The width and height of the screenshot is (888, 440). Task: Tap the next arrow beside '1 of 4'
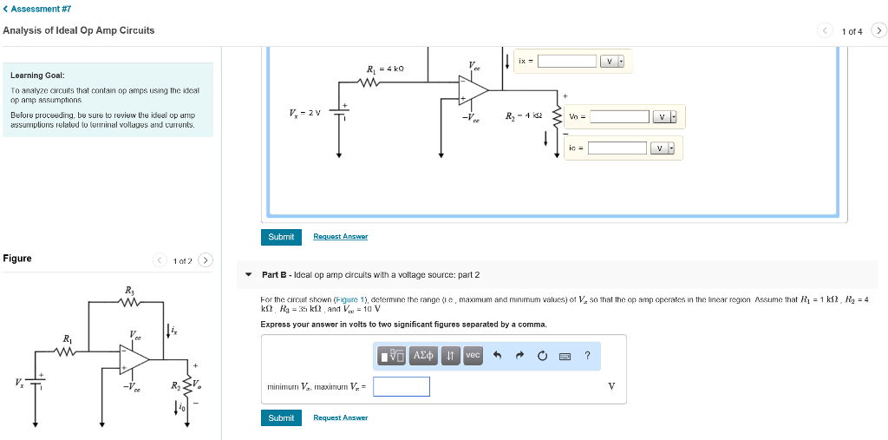[x=878, y=31]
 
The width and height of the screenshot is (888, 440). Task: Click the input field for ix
[x=566, y=61]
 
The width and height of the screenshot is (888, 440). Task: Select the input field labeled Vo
[x=619, y=116]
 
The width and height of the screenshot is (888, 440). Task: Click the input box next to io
[x=617, y=148]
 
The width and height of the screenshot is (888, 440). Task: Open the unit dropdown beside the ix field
[x=612, y=61]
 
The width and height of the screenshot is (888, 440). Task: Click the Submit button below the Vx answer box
[x=281, y=417]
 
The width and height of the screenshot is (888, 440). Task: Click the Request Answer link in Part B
[x=340, y=417]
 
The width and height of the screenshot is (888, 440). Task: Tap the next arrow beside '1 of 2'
[x=205, y=259]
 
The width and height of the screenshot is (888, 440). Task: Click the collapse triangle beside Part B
[x=249, y=275]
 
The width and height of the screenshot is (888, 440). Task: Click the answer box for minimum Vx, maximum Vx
[x=402, y=386]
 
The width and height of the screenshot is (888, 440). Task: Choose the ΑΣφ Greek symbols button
[x=424, y=355]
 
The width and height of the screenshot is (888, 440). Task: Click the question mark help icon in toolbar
[x=587, y=355]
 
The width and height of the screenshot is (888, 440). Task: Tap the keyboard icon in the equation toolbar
[x=565, y=355]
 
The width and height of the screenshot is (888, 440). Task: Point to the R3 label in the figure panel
[x=130, y=290]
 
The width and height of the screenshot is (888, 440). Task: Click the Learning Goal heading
[x=37, y=76]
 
